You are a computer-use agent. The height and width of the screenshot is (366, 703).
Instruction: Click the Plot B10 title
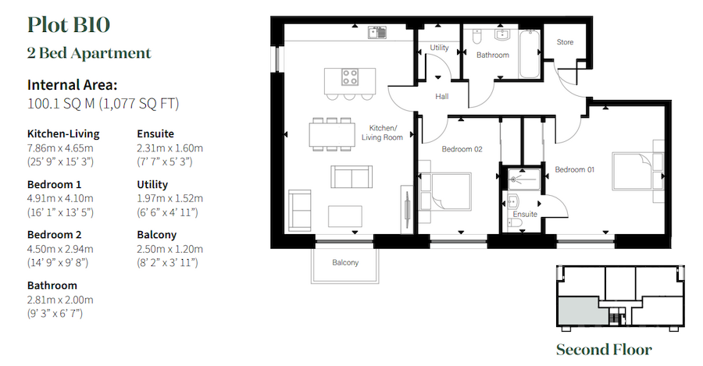[x=68, y=24]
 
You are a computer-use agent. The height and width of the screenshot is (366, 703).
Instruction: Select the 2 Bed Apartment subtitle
[x=89, y=53]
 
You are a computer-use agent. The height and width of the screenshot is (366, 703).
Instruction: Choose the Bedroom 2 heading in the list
[x=55, y=235]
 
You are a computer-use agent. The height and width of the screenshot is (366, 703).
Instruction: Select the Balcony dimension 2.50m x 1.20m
[x=170, y=249]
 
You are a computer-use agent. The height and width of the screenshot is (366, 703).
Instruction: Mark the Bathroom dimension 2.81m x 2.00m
[x=60, y=300]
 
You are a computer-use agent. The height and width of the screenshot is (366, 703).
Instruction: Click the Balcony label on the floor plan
[x=344, y=263]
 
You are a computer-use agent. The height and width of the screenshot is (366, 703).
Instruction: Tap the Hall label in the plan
[x=441, y=97]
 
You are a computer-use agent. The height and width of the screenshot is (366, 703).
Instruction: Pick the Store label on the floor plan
[x=565, y=41]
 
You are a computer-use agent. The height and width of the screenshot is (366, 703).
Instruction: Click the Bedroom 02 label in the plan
[x=461, y=149]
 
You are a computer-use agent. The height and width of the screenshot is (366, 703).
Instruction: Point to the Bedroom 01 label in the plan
[x=575, y=169]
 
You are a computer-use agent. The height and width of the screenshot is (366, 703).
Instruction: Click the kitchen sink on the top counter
[x=377, y=33]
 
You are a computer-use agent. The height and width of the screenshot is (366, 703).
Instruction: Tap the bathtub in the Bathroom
[x=530, y=53]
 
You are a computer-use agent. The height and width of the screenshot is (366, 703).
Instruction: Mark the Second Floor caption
[x=603, y=349]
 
